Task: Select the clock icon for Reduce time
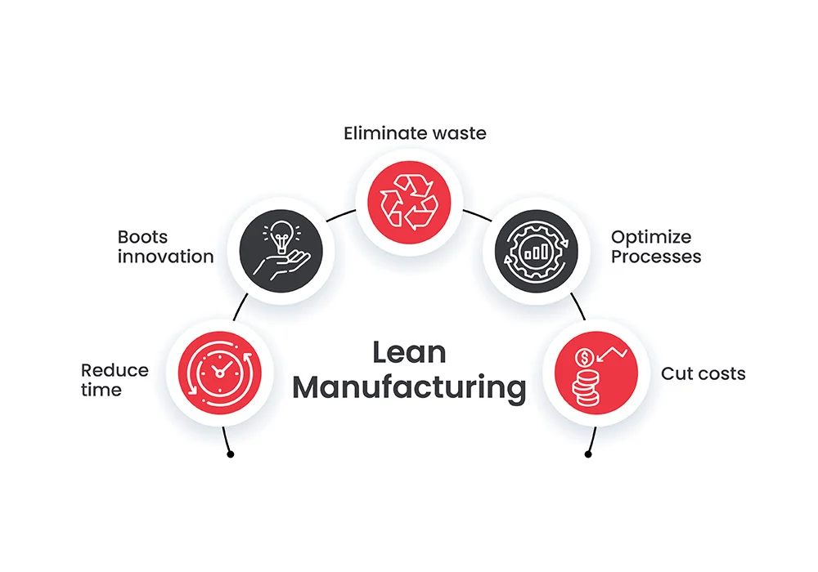click(218, 372)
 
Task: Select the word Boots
click(142, 238)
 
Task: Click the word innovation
click(165, 257)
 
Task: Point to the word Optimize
click(651, 238)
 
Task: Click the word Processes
click(656, 257)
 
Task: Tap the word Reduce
click(115, 370)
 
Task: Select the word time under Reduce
click(101, 390)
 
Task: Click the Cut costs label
click(703, 373)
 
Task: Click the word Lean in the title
click(409, 352)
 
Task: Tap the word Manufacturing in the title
click(409, 387)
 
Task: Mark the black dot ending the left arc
click(230, 454)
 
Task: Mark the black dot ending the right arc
click(588, 454)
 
